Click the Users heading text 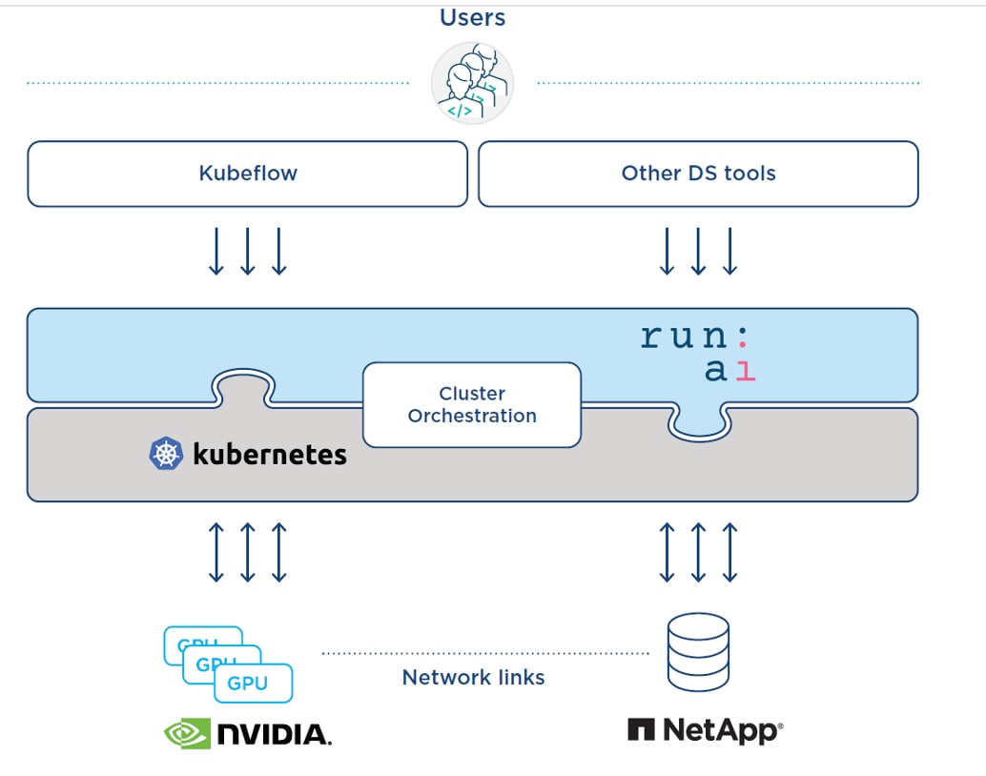pyautogui.click(x=472, y=17)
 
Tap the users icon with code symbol pyautogui.click(x=472, y=83)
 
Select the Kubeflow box pyautogui.click(x=247, y=174)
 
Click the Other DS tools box pyautogui.click(x=698, y=174)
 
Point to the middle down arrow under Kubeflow pyautogui.click(x=248, y=252)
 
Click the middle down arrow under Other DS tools pyautogui.click(x=698, y=252)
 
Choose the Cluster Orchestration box pyautogui.click(x=472, y=405)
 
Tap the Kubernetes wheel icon pyautogui.click(x=166, y=454)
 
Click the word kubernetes pyautogui.click(x=270, y=455)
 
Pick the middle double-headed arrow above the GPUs pyautogui.click(x=248, y=552)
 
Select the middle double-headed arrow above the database pyautogui.click(x=698, y=552)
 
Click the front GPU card pyautogui.click(x=253, y=684)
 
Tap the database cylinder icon pyautogui.click(x=698, y=652)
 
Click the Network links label pyautogui.click(x=473, y=678)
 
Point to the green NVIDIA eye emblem pyautogui.click(x=187, y=733)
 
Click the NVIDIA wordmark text pyautogui.click(x=275, y=734)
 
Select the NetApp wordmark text pyautogui.click(x=722, y=731)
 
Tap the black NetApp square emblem pyautogui.click(x=641, y=731)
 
